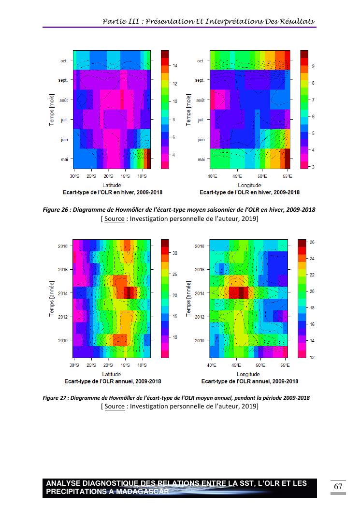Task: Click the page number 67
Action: tap(338, 486)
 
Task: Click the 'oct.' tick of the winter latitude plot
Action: tap(64, 61)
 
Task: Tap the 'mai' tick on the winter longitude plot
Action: tap(201, 159)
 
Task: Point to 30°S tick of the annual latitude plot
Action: tap(74, 365)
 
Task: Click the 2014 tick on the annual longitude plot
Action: tap(200, 293)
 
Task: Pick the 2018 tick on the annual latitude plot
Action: tap(63, 246)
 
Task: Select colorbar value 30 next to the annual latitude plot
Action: tap(175, 253)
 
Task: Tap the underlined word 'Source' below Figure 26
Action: tap(115, 219)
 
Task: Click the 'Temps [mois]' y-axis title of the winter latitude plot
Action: tap(52, 110)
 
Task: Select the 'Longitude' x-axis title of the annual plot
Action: tap(248, 375)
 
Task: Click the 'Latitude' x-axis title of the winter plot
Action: tap(112, 185)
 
